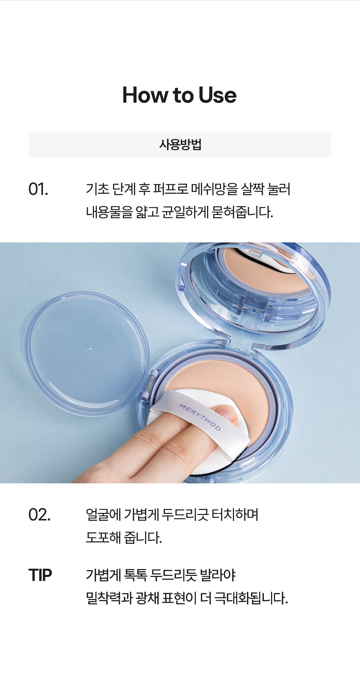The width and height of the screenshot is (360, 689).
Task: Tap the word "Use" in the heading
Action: click(217, 95)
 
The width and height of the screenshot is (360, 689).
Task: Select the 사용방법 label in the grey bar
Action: click(180, 144)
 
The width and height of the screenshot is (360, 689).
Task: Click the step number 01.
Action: click(38, 189)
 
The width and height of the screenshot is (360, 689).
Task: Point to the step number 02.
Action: click(39, 515)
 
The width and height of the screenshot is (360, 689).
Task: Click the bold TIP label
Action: click(40, 575)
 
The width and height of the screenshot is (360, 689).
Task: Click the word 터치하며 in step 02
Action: click(235, 515)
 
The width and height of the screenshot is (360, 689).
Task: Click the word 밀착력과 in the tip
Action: click(109, 598)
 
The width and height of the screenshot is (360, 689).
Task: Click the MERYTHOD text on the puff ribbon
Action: click(200, 417)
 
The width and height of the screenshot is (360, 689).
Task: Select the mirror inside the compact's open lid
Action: click(252, 288)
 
